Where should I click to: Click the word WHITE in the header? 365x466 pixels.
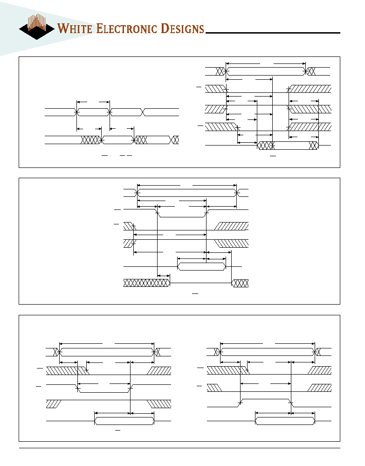click(x=76, y=28)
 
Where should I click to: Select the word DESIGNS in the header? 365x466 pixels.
click(x=182, y=28)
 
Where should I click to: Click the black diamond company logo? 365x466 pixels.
click(x=36, y=27)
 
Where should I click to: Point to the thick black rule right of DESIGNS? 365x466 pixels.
click(x=273, y=33)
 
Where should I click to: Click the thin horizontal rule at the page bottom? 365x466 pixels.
click(x=179, y=448)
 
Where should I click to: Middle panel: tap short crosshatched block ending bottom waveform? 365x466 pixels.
click(x=240, y=283)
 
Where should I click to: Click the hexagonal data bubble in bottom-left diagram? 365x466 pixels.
click(x=124, y=421)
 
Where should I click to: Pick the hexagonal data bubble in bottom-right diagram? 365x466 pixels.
click(x=285, y=421)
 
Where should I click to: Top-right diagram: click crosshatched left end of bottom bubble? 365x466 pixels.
click(x=266, y=146)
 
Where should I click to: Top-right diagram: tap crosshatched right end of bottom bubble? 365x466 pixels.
click(x=314, y=146)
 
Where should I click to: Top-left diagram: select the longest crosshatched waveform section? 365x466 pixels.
click(x=91, y=140)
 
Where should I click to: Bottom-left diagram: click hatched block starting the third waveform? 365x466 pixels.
click(x=54, y=404)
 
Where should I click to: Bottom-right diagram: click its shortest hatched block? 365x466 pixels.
click(x=214, y=388)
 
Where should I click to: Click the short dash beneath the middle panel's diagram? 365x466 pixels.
click(x=195, y=293)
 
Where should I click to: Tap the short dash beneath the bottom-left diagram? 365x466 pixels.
click(x=117, y=430)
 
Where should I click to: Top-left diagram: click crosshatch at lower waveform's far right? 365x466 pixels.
click(x=174, y=140)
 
